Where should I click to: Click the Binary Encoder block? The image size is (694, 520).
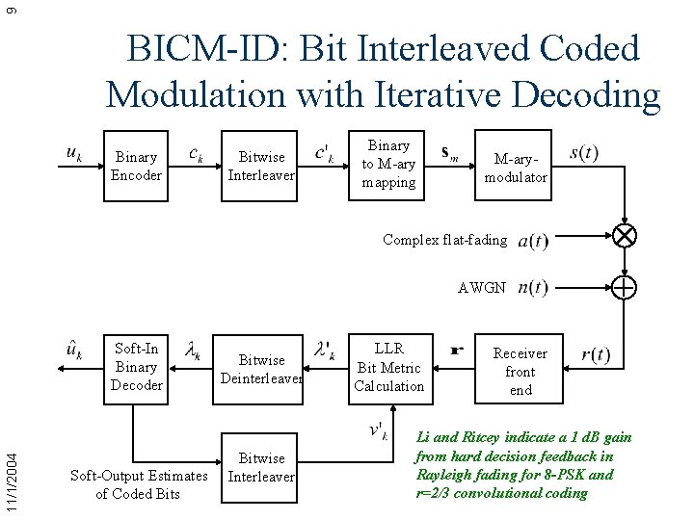(x=136, y=166)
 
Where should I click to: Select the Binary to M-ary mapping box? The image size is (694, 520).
(x=388, y=164)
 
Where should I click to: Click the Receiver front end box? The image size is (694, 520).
(x=520, y=371)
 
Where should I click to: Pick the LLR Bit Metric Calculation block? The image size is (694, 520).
(x=388, y=367)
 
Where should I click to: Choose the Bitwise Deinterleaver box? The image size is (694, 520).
(x=261, y=369)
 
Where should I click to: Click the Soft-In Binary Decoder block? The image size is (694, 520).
(x=136, y=367)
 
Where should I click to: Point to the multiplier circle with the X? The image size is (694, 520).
(x=625, y=236)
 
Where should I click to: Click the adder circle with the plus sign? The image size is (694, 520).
(x=625, y=287)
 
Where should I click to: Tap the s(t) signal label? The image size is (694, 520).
(x=584, y=153)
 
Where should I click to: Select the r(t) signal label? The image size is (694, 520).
(x=595, y=355)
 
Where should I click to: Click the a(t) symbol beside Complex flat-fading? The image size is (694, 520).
(x=532, y=241)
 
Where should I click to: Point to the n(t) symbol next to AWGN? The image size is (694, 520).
(x=532, y=288)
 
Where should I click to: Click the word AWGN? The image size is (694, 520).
(x=481, y=287)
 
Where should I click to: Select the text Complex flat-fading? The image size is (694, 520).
(x=444, y=239)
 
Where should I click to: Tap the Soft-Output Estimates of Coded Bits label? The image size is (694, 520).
(x=138, y=484)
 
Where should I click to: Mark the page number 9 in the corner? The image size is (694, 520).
(x=11, y=10)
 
